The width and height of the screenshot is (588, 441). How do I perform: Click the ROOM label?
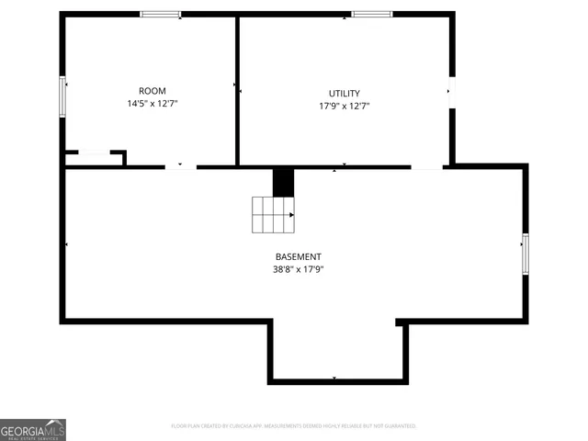(152, 91)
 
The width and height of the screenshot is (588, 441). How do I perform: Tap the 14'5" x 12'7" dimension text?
(152, 105)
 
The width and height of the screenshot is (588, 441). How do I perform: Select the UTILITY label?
(345, 94)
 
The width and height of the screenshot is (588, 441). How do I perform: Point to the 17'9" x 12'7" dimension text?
(345, 107)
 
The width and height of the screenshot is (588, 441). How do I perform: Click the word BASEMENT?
(299, 256)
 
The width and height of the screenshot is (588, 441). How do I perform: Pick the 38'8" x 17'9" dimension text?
(299, 269)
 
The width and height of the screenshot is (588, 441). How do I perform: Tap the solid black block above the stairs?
(284, 181)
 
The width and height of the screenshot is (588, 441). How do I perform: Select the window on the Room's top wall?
(161, 14)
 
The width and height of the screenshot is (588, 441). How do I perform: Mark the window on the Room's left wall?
(63, 96)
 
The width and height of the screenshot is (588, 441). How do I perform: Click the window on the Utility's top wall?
(372, 14)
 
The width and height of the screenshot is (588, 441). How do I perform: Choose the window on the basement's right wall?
(525, 254)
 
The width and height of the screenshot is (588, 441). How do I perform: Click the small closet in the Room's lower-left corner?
(94, 159)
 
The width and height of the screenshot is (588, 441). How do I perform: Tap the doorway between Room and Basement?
(181, 167)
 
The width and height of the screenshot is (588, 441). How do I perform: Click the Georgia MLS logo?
(33, 430)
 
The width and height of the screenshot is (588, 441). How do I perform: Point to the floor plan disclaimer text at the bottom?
(294, 426)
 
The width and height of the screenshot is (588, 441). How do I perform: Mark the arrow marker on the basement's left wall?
(67, 244)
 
